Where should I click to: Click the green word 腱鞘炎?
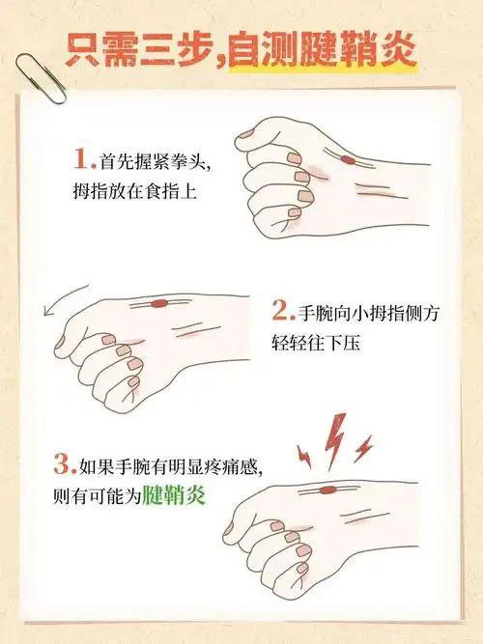(174, 495)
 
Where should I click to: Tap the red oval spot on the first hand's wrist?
(348, 159)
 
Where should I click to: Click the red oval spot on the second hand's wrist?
(159, 303)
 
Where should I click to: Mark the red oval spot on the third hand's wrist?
(327, 490)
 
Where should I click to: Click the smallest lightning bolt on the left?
(304, 456)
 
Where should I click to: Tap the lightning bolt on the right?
(363, 449)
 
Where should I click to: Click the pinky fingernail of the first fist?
(295, 212)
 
